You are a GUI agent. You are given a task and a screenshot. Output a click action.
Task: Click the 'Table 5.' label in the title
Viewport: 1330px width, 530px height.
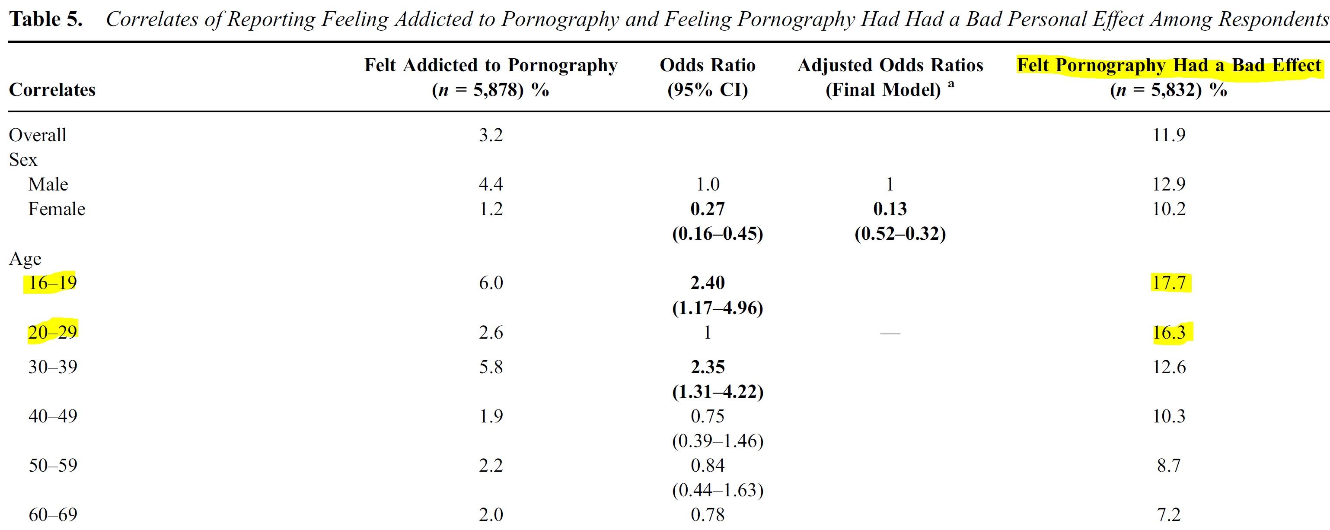pos(47,19)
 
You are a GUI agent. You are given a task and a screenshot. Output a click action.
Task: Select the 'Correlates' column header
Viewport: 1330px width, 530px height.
pos(52,90)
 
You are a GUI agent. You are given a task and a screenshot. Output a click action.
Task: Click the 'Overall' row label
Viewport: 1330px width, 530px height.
pos(38,135)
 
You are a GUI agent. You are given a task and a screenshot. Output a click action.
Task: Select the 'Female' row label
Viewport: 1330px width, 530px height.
pos(57,209)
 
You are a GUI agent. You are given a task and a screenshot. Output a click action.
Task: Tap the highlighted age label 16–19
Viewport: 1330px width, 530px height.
pos(53,283)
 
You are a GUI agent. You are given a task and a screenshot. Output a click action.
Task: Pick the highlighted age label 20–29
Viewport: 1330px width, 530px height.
pos(53,332)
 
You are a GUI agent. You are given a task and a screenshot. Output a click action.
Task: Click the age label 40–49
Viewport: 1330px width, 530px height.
pos(53,416)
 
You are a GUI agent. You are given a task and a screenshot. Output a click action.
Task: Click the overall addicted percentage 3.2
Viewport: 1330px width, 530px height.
pos(491,135)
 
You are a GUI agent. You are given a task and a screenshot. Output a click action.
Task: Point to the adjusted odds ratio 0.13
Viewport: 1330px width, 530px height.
pos(890,209)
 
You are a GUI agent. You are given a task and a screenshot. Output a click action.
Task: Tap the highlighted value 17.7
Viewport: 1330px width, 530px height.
pos(1169,283)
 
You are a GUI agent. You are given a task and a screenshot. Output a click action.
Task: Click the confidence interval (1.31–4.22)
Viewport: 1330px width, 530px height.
pos(718,392)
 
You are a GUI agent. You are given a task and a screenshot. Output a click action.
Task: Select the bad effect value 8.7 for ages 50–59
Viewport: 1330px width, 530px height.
pos(1169,466)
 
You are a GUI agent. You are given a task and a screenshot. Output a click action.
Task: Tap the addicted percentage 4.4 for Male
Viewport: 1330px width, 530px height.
pos(491,184)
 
